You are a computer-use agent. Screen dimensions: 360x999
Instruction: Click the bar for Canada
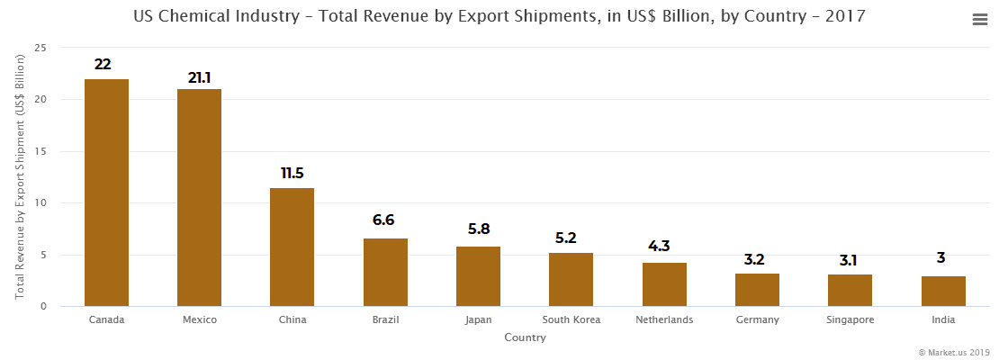pos(106,193)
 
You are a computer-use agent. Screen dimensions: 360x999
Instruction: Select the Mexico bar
pos(199,197)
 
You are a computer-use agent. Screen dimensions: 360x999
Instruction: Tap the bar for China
pos(292,247)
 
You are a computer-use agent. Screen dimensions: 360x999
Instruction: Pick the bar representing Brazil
pos(385,272)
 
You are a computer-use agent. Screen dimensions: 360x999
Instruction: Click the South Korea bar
pos(571,279)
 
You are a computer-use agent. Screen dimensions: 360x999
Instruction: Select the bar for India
pos(943,291)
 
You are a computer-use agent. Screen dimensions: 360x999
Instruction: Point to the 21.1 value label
pos(199,77)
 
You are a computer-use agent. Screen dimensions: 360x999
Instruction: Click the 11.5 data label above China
pos(292,173)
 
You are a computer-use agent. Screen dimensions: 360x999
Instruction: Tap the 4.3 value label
pos(664,247)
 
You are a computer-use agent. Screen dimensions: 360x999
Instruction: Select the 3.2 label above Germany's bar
pos(757,260)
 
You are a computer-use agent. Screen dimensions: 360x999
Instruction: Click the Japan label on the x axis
pos(478,319)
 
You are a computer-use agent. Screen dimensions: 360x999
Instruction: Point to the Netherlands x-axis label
pos(664,319)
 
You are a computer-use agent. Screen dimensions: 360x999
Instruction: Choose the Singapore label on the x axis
pos(850,319)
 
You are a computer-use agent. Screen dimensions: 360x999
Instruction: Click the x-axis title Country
pos(525,338)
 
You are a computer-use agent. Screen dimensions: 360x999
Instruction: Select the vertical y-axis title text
pos(19,176)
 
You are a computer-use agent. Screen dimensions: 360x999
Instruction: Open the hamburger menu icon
pos(980,20)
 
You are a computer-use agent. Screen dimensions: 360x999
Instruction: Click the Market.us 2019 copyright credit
pos(954,352)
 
